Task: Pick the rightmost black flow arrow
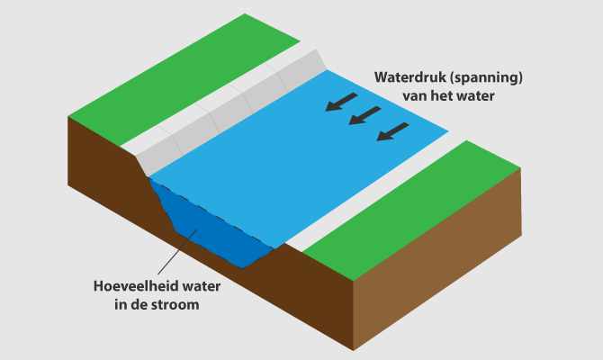(391, 131)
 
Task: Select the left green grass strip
(180, 81)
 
